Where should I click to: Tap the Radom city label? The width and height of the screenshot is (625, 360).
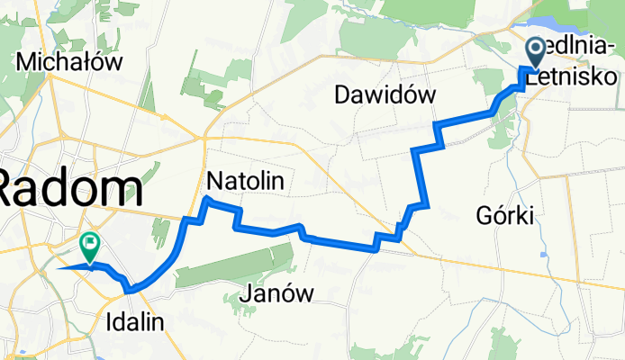[x=70, y=190]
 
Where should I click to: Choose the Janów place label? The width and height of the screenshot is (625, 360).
[x=277, y=292]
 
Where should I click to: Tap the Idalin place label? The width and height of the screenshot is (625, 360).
[x=135, y=321]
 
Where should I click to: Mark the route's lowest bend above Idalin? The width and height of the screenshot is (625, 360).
[x=132, y=290]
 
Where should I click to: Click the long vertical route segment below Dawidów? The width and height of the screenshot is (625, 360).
[x=417, y=175]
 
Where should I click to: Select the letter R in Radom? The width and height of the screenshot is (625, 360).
[x=14, y=190]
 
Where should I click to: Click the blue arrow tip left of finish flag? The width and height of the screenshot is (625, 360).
[x=59, y=268]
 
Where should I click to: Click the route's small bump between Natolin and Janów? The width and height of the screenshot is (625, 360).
[x=301, y=226]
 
